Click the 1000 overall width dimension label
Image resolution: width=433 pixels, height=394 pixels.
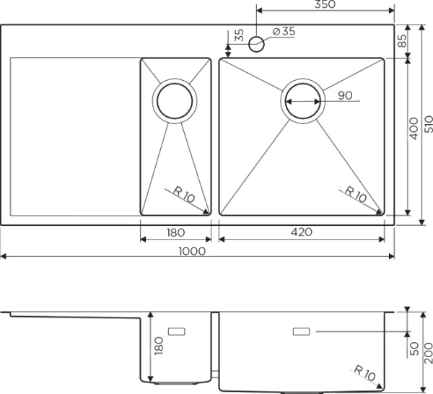(x=192, y=251)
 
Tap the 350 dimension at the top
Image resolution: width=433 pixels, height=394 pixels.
(x=325, y=4)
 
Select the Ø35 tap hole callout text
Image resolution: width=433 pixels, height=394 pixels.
(x=284, y=31)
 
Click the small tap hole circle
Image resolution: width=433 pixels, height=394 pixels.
(x=256, y=44)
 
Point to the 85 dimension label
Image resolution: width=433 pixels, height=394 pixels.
(x=403, y=40)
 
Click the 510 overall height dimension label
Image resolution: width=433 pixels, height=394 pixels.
(x=428, y=124)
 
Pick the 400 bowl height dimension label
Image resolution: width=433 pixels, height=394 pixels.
(x=414, y=128)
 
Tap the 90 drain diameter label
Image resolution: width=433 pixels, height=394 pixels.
(x=345, y=95)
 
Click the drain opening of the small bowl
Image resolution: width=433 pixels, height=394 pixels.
(x=175, y=101)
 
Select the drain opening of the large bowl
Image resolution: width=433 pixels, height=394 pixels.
(x=303, y=101)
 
